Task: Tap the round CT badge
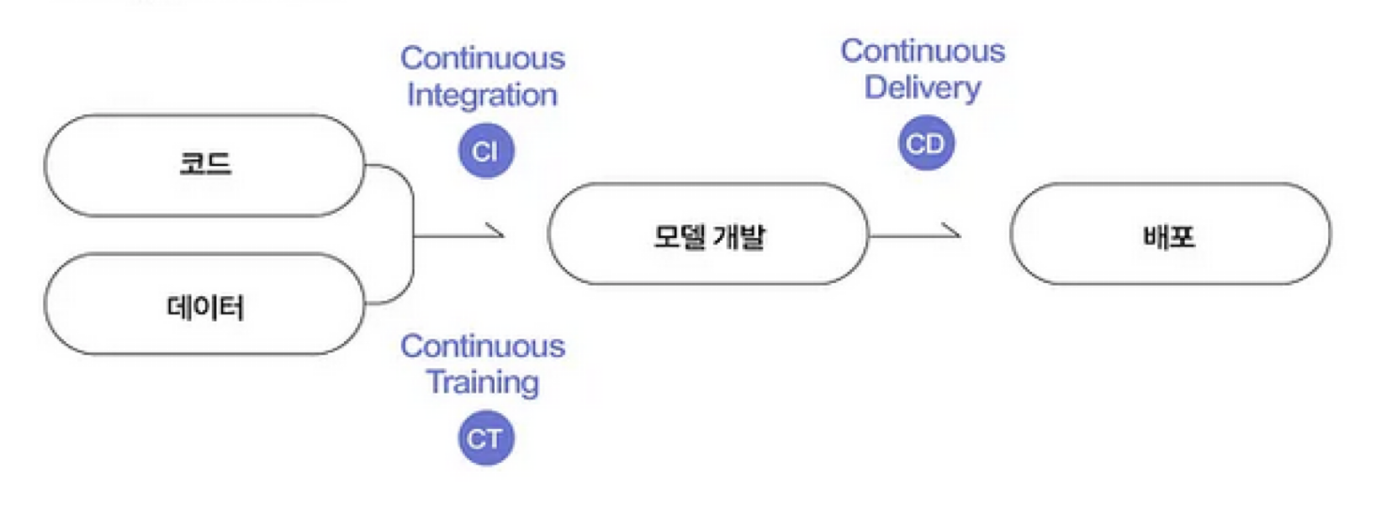[x=486, y=438]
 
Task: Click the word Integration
[x=482, y=95]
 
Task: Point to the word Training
[x=483, y=382]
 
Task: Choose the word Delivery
[x=922, y=88]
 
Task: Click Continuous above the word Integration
[x=483, y=58]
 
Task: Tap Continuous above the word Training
[x=483, y=346]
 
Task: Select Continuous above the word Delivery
[x=922, y=51]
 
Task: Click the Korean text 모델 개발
[x=709, y=235]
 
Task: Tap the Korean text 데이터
[x=204, y=304]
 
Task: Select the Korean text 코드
[x=204, y=165]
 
